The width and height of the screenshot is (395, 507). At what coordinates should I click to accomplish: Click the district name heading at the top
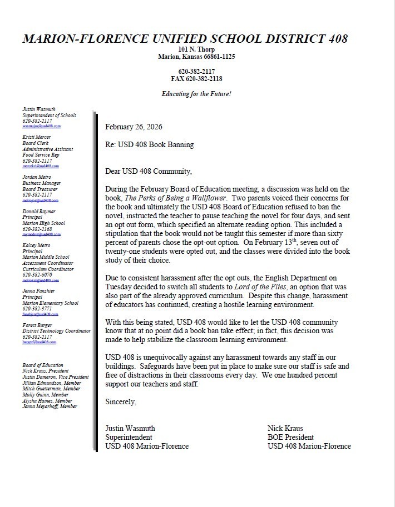pos(185,39)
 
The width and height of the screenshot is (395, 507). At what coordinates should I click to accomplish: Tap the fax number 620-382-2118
pos(196,79)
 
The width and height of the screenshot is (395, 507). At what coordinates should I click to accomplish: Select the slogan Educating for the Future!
pos(196,94)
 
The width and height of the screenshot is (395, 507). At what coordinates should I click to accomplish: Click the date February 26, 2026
pos(131,127)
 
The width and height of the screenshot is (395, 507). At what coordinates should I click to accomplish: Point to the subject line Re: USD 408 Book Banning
pos(150,145)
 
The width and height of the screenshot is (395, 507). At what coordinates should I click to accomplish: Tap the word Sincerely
pos(121,400)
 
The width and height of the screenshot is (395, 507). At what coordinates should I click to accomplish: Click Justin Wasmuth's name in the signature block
pos(130,428)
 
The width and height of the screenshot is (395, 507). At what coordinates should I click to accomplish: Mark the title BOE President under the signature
pos(290,437)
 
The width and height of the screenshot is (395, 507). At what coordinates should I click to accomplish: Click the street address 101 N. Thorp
pos(196,49)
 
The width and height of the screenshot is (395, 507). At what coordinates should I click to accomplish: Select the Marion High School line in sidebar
pos(44,223)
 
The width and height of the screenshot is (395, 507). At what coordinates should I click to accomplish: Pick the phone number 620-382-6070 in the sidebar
pos(37,274)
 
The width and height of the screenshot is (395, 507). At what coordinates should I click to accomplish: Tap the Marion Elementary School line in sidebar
pos(51,303)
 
